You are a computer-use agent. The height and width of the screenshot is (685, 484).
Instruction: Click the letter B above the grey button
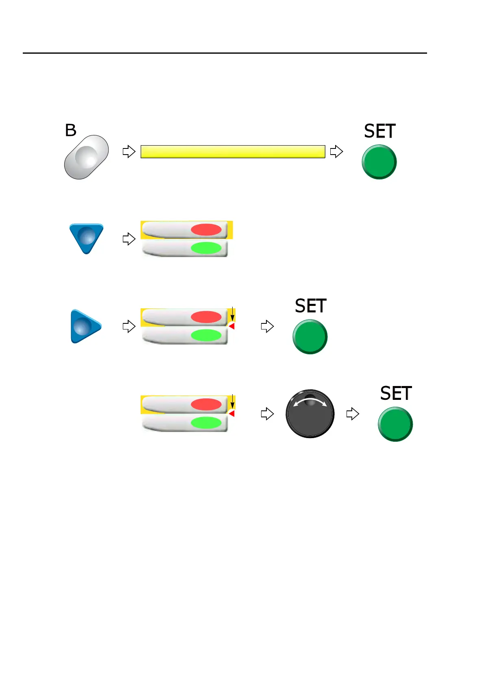71,130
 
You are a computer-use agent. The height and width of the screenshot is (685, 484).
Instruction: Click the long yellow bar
233,152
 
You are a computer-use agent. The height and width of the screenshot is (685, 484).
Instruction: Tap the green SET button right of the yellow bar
379,162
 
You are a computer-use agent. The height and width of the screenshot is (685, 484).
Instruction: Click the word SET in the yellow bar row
379,131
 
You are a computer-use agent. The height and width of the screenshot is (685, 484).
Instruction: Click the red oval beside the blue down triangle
206,229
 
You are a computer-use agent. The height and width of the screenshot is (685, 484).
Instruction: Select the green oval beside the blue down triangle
206,248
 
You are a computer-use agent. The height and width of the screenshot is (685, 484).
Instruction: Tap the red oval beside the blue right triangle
206,317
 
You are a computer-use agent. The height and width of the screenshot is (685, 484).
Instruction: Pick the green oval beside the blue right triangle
206,335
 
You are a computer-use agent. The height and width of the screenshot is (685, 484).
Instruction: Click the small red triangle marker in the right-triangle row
231,326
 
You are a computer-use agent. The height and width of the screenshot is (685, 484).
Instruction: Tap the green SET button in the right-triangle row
310,337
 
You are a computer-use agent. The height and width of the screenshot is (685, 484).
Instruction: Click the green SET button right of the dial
395,424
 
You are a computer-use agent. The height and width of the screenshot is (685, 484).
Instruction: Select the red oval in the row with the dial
206,404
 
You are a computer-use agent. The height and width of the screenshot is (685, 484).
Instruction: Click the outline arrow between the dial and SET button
353,414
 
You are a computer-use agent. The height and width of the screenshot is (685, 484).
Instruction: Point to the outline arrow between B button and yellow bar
129,152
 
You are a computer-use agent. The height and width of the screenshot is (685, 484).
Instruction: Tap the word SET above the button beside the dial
396,394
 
